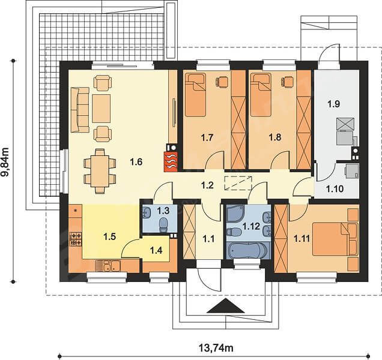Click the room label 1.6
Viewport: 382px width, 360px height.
point(136,162)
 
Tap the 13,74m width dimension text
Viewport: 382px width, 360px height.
point(216,348)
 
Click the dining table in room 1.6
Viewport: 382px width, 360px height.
point(100,172)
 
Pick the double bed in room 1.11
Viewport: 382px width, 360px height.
point(335,239)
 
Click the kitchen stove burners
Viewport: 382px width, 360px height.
point(76,239)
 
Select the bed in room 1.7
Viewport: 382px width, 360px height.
point(195,95)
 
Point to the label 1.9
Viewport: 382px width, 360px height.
point(333,104)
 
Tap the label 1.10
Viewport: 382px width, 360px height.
point(335,188)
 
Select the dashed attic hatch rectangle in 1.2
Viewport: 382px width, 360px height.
point(238,182)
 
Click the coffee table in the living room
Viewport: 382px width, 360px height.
point(101,109)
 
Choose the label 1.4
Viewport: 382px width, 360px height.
point(156,250)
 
